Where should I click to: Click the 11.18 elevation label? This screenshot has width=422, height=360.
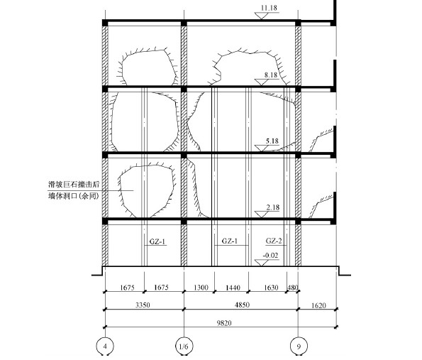click(x=269, y=8)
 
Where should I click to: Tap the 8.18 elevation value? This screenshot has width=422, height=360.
click(x=270, y=75)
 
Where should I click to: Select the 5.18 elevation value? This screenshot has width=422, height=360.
click(x=272, y=141)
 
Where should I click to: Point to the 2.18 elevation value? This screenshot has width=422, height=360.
click(x=273, y=207)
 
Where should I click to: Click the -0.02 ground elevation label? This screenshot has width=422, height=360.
click(x=270, y=255)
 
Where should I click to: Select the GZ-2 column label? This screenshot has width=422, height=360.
click(x=274, y=241)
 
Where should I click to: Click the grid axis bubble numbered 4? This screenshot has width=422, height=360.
click(x=105, y=346)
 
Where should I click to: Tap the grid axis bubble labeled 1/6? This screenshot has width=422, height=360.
click(x=184, y=346)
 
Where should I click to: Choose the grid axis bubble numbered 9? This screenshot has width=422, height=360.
click(x=299, y=346)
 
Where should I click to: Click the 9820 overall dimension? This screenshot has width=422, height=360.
click(x=224, y=323)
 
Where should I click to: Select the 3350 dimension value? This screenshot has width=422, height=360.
click(x=143, y=305)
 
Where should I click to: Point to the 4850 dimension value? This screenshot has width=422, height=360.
click(x=243, y=305)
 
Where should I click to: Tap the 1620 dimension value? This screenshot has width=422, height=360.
click(x=318, y=305)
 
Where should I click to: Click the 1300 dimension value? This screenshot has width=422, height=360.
click(x=201, y=288)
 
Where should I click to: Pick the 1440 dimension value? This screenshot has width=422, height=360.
click(x=233, y=288)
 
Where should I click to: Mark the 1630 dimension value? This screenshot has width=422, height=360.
click(x=271, y=288)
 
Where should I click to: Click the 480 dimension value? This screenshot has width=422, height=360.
click(x=293, y=288)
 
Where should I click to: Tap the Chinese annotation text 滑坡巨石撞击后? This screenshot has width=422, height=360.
click(x=74, y=185)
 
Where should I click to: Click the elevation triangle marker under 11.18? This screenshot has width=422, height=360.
click(x=262, y=16)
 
